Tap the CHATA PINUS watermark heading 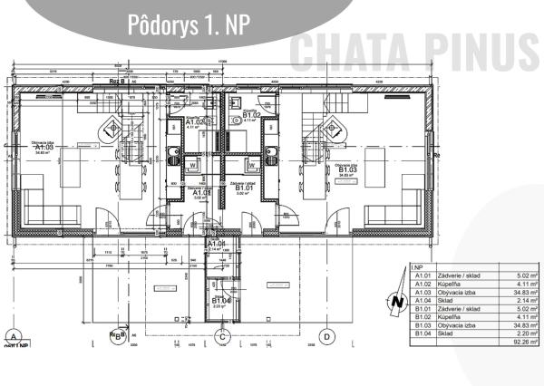coord(415,49)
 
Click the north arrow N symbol coord(395,303)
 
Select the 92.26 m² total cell coord(520,343)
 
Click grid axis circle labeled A coord(13,336)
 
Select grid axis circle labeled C coord(221,336)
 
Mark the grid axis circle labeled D coord(328,336)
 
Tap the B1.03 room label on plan coord(347,169)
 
